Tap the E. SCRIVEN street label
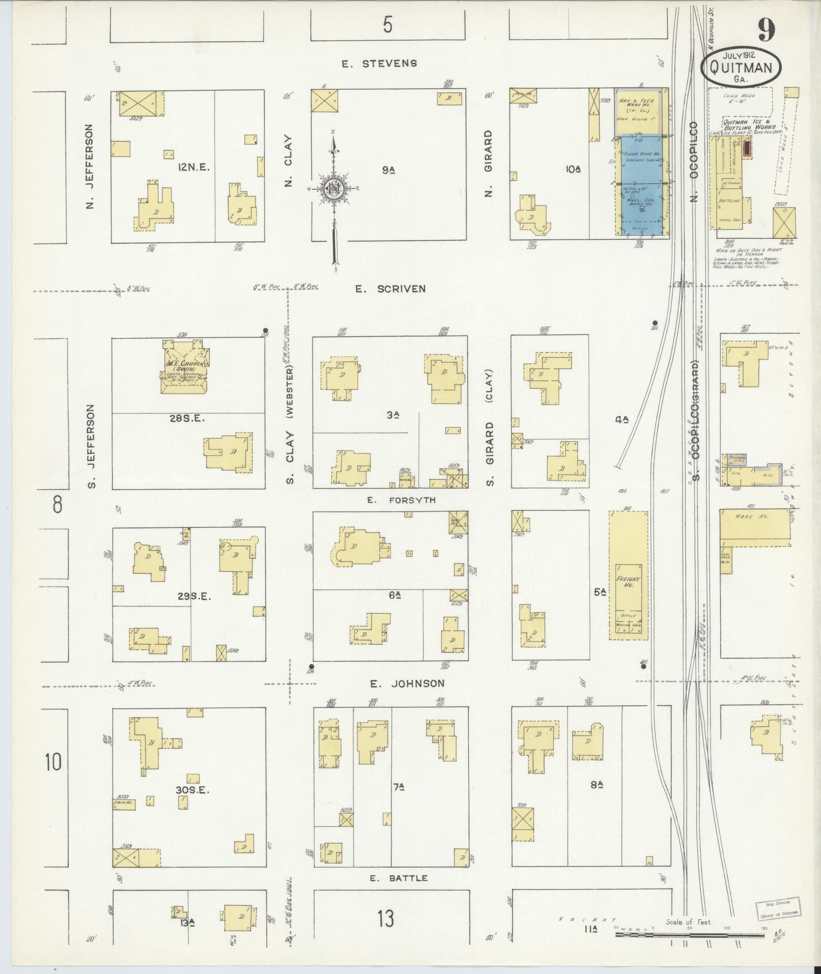click(390, 289)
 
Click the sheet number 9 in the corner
click(766, 30)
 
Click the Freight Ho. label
click(628, 582)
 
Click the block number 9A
click(389, 171)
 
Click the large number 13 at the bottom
click(386, 920)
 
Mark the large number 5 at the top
click(388, 24)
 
